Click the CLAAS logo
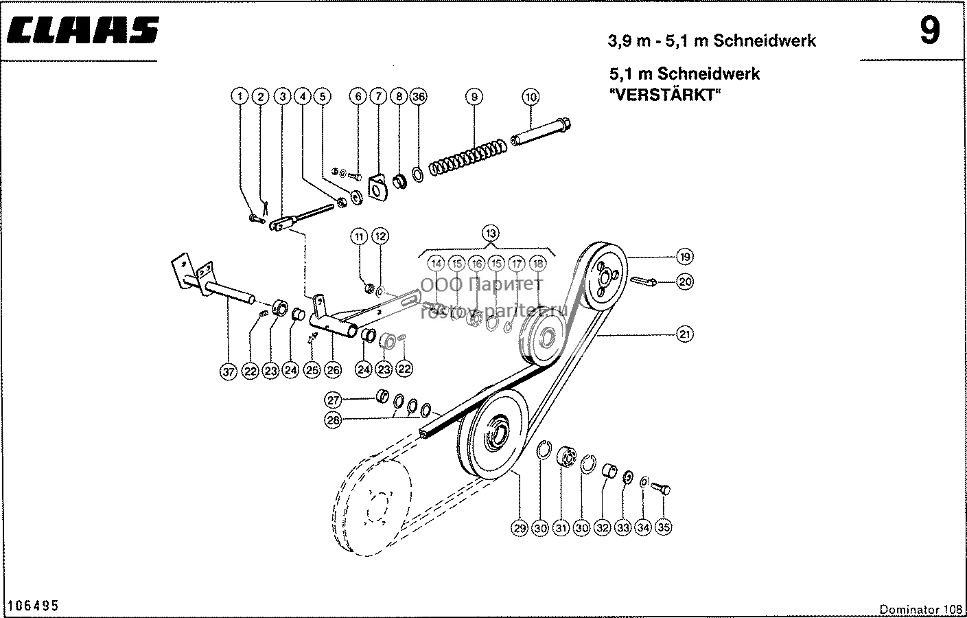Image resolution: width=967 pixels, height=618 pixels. (x=83, y=30)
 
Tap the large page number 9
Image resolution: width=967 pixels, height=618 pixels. (x=930, y=30)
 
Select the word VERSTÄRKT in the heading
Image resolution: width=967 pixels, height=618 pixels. (x=665, y=95)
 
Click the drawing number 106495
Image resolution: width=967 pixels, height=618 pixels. (x=33, y=606)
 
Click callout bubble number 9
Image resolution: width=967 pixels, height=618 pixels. (x=474, y=97)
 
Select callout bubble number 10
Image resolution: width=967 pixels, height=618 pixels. (x=531, y=97)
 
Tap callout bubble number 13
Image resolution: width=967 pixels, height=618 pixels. (x=491, y=233)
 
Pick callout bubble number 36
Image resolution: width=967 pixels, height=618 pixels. (x=419, y=96)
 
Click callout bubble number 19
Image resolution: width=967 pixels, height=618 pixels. (x=685, y=257)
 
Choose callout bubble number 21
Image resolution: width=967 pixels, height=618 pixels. (x=685, y=334)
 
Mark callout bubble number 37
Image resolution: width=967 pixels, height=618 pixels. (x=229, y=371)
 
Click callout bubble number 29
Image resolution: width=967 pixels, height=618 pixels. (x=520, y=528)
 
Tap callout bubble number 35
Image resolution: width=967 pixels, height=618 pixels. (x=664, y=527)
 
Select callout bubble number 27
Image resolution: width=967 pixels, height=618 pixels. (x=333, y=400)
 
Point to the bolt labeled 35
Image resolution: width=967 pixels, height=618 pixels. (x=660, y=488)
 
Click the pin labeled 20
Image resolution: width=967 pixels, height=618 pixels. (x=644, y=281)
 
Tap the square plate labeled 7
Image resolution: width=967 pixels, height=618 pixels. (x=378, y=187)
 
